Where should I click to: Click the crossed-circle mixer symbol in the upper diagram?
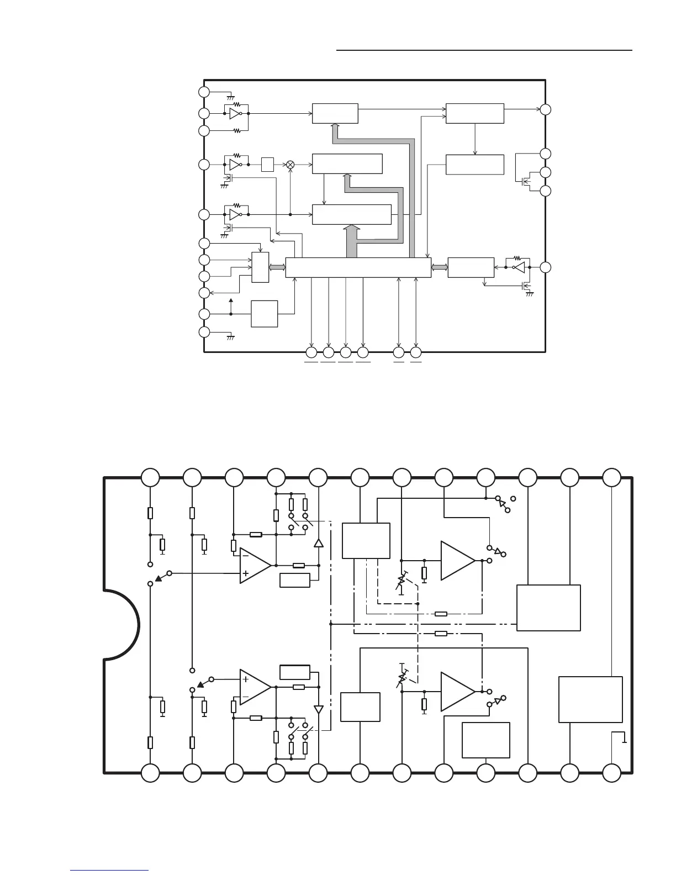pyautogui.click(x=290, y=165)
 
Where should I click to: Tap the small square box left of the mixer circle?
pyautogui.click(x=267, y=165)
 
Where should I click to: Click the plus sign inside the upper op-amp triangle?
pyautogui.click(x=246, y=574)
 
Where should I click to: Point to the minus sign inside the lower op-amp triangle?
pyautogui.click(x=246, y=696)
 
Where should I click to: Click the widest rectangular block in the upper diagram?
pyautogui.click(x=358, y=267)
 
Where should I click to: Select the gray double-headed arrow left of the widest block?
pyautogui.click(x=277, y=267)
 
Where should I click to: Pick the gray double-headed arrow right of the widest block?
pyautogui.click(x=440, y=267)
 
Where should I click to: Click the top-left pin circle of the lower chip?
pyautogui.click(x=150, y=477)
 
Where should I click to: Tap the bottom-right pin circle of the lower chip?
pyautogui.click(x=611, y=773)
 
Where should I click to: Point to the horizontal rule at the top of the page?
pyautogui.click(x=484, y=50)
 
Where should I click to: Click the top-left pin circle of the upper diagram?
pyautogui.click(x=204, y=92)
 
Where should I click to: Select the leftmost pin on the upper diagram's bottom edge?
pyautogui.click(x=311, y=352)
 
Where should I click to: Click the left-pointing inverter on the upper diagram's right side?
pyautogui.click(x=517, y=267)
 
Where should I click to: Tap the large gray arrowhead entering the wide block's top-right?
pyautogui.click(x=351, y=229)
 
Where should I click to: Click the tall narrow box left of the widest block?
pyautogui.click(x=260, y=267)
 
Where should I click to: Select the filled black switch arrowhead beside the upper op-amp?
pyautogui.click(x=160, y=578)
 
